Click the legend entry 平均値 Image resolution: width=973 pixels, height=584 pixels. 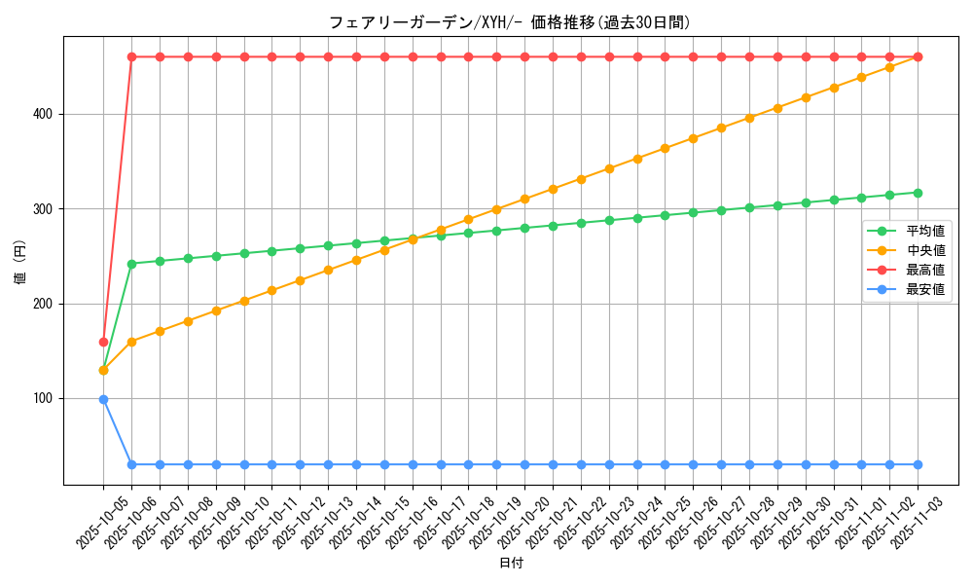(x=925, y=232)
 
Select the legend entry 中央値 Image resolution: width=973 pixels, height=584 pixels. (x=925, y=251)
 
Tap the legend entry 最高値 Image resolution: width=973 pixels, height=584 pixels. (x=925, y=271)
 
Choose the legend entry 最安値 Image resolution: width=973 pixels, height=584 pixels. (x=925, y=290)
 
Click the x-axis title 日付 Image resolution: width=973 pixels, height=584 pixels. (x=511, y=564)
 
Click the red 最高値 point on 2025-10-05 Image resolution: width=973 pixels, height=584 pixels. (x=103, y=342)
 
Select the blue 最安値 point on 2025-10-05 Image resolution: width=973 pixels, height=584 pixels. (x=103, y=399)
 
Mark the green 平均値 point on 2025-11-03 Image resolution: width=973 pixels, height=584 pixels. (x=918, y=193)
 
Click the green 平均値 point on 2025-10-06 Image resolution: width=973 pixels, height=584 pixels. (x=131, y=264)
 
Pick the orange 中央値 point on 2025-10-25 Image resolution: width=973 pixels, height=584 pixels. (x=665, y=148)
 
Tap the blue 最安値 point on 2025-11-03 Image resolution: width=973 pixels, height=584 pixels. (x=918, y=464)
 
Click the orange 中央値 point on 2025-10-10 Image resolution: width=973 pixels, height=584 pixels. (x=244, y=301)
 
